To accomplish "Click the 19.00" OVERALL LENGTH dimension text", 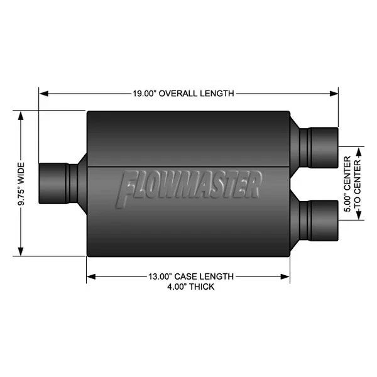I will pyautogui.click(x=183, y=94).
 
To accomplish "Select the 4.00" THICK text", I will pyautogui.click(x=188, y=287).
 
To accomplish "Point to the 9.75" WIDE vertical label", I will pyautogui.click(x=21, y=183).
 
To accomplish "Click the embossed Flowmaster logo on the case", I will pyautogui.click(x=189, y=187).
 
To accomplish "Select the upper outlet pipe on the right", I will pyautogui.click(x=319, y=144).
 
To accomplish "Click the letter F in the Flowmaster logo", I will pyautogui.click(x=128, y=189).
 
